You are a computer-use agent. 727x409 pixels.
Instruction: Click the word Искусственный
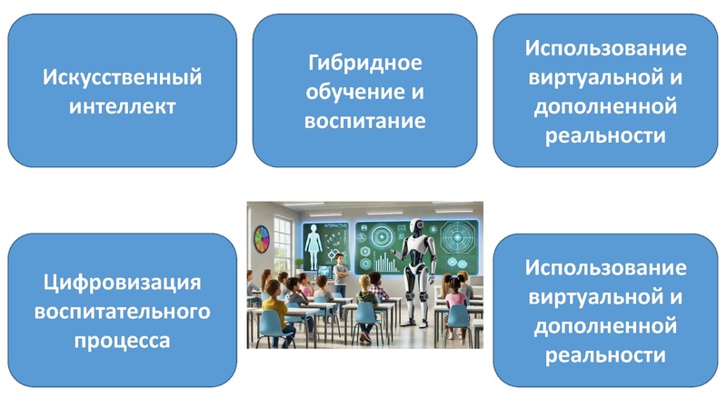tap(122, 77)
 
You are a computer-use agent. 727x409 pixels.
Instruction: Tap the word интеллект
tap(122, 106)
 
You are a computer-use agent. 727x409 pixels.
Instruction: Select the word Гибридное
tap(364, 64)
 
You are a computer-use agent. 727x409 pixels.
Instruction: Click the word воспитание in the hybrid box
tap(364, 121)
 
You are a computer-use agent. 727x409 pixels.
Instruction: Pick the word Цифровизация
tap(122, 283)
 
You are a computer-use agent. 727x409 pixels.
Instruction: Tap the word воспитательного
tap(122, 312)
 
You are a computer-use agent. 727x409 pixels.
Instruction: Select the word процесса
tap(122, 341)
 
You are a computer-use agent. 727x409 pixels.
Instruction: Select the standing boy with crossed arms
tap(341, 274)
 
